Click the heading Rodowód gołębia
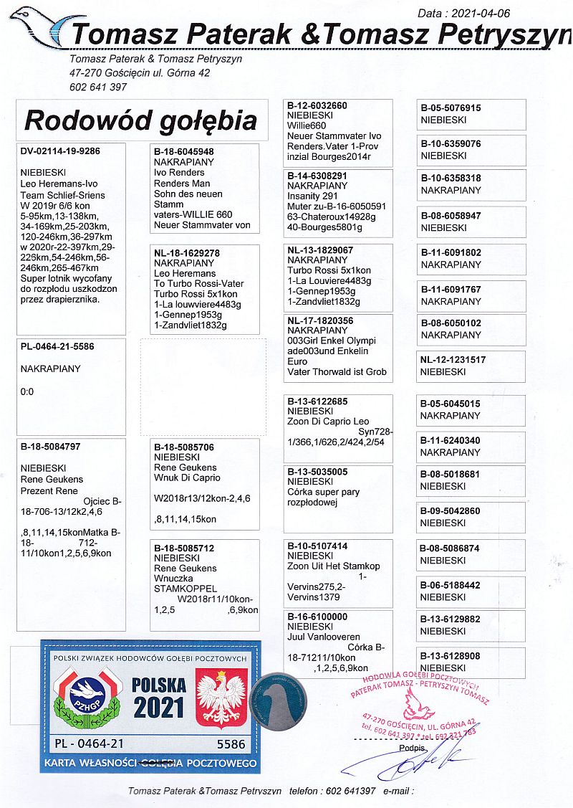tap(140, 120)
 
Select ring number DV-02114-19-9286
tap(60, 152)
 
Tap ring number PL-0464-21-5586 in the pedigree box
tap(57, 346)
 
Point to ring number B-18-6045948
tap(184, 152)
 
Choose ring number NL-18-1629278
tap(187, 254)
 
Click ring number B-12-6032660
tap(317, 106)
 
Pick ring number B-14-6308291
tap(317, 176)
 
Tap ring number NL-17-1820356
tap(319, 321)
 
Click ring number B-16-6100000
tap(317, 617)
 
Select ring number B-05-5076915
tap(451, 108)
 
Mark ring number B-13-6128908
tap(451, 656)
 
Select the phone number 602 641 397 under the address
tap(98, 87)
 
